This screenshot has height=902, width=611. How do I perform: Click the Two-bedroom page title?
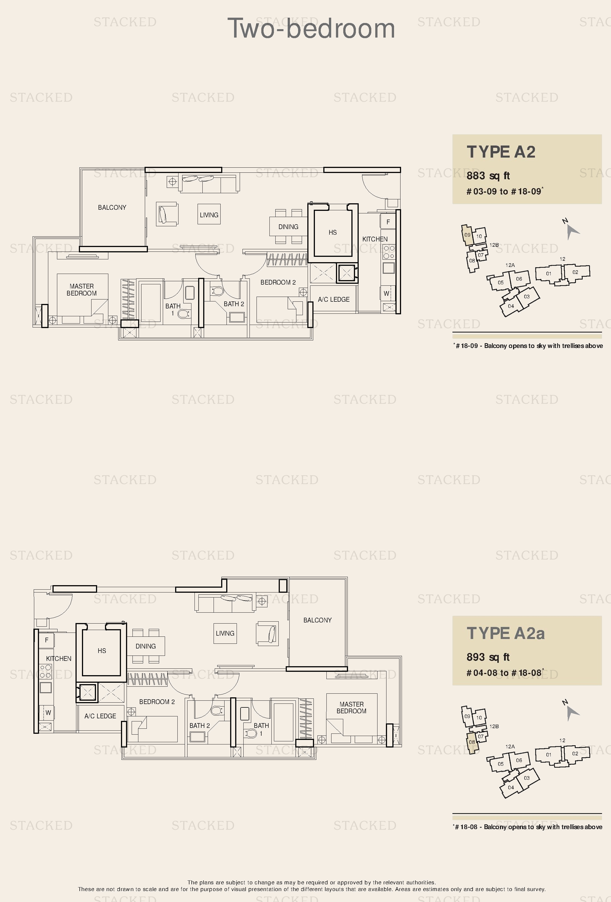click(x=311, y=28)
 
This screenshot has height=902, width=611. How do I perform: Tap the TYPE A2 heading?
click(x=501, y=152)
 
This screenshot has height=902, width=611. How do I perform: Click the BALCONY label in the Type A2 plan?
click(x=112, y=207)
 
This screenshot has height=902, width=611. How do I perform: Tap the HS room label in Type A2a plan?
click(x=102, y=650)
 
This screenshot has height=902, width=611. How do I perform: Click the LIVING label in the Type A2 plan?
click(x=209, y=214)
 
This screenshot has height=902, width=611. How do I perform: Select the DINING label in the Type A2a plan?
click(x=146, y=646)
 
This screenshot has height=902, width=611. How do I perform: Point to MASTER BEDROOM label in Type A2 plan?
click(x=82, y=290)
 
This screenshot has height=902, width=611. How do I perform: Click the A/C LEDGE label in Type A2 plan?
click(x=334, y=299)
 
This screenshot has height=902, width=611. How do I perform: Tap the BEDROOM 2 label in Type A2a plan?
click(x=157, y=702)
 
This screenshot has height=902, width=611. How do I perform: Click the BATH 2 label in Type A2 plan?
click(x=234, y=304)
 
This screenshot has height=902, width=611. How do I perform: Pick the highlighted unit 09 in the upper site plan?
click(x=467, y=234)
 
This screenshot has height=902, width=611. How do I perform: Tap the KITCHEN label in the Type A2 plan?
click(x=375, y=239)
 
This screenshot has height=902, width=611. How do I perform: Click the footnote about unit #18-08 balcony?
click(x=528, y=827)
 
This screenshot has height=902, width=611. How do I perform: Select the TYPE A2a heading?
click(x=506, y=633)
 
